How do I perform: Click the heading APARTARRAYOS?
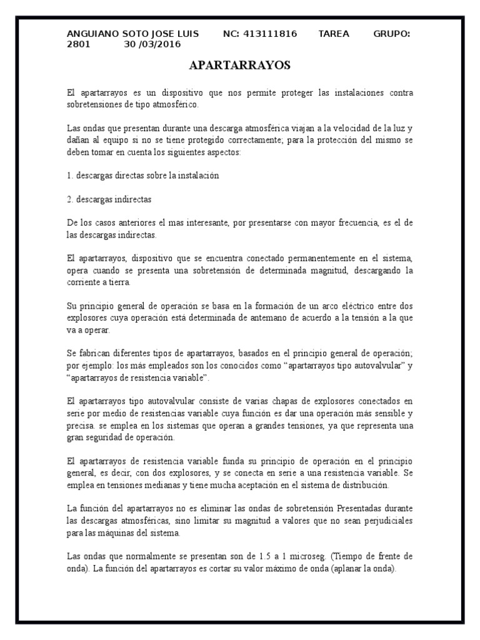tap(240, 66)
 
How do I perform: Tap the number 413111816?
tap(271, 34)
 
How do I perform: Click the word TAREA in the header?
tap(334, 34)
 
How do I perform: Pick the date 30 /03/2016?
tap(152, 44)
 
